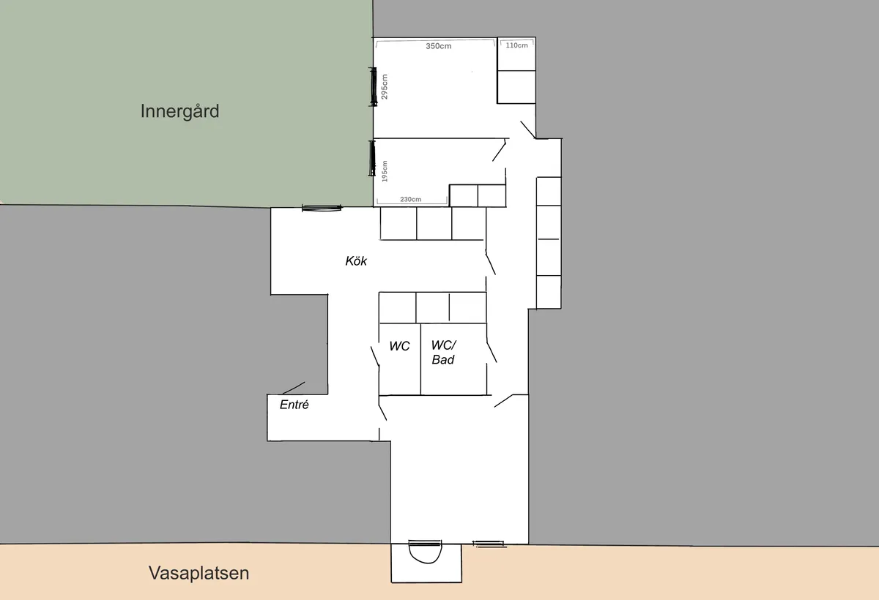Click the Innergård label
[179, 112]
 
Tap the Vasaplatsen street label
[199, 573]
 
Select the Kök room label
[356, 261]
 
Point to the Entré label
[294, 405]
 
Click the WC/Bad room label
[444, 353]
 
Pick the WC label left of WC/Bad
[399, 346]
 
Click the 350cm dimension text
[439, 46]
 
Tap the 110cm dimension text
[517, 45]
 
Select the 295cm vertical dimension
[385, 86]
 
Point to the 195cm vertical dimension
[385, 171]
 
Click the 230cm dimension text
[411, 199]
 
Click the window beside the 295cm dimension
[373, 86]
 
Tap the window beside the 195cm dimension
[371, 158]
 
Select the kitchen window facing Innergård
[322, 208]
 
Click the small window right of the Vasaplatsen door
[489, 544]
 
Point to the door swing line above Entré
[294, 388]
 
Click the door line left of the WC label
[375, 356]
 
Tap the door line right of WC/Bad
[492, 353]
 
